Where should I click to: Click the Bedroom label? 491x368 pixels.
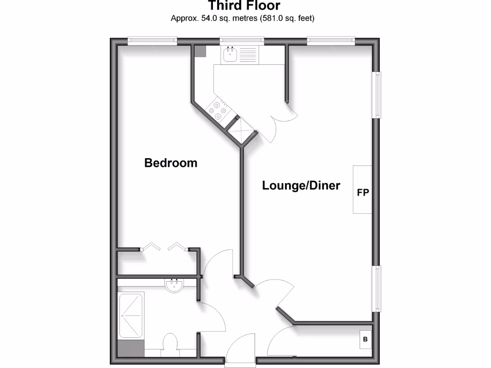(x=171, y=163)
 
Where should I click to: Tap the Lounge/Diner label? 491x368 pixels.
(x=301, y=185)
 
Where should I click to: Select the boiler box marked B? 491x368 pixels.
(x=365, y=340)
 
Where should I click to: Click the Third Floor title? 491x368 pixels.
(x=244, y=6)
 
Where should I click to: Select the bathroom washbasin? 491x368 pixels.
(x=174, y=286)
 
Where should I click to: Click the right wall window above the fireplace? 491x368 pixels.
(x=377, y=94)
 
